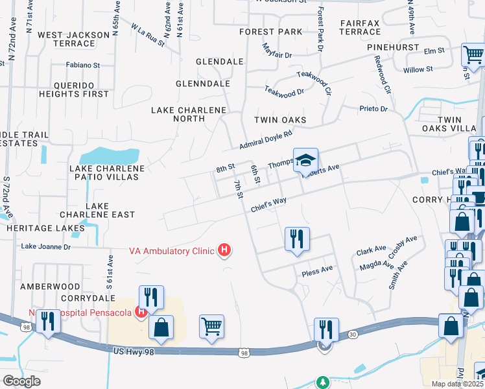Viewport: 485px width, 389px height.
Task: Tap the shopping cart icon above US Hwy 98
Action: pos(211,327)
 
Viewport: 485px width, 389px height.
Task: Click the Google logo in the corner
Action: pos(21,381)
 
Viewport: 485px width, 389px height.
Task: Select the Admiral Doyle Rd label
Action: pos(266,139)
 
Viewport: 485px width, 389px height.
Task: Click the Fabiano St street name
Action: pos(83,65)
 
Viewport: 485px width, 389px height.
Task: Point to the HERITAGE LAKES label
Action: pos(45,228)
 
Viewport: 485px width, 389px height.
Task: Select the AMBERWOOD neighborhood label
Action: pos(50,286)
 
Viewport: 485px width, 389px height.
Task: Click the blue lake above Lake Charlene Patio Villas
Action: pos(110,156)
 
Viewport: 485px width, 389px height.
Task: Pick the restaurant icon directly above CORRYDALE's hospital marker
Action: pos(151,297)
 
